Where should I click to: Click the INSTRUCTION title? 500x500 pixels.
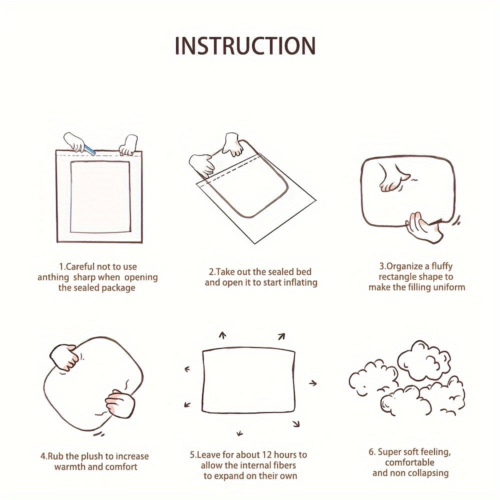pos(245,46)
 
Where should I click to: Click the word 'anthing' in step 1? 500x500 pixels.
pos(53,277)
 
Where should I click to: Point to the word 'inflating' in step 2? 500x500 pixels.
pos(298,282)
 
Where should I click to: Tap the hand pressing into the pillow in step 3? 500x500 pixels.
pos(394,178)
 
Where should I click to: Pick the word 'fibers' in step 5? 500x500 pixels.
pos(285,465)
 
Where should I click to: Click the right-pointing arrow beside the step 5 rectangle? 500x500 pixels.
pos(313,383)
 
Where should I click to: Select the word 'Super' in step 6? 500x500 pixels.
pos(389,452)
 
